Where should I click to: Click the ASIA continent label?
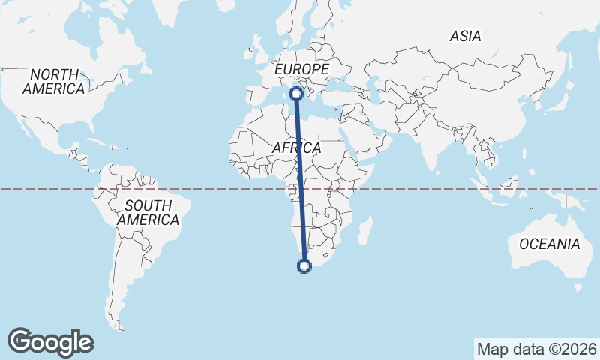coord(465,36)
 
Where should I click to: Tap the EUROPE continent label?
coord(302,69)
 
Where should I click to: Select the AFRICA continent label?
coord(296,148)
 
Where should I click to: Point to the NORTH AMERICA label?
coord(54,82)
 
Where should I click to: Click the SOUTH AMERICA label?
coord(148,213)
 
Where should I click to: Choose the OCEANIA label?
coord(550,244)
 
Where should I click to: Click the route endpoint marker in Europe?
coord(296,94)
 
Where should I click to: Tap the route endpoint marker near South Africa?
coord(304,265)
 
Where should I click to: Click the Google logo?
coord(51,342)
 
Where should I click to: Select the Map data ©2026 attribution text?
coord(537,349)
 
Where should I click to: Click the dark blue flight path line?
coord(300,180)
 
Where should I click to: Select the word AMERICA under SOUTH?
coord(148,220)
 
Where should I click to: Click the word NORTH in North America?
coord(54,74)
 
